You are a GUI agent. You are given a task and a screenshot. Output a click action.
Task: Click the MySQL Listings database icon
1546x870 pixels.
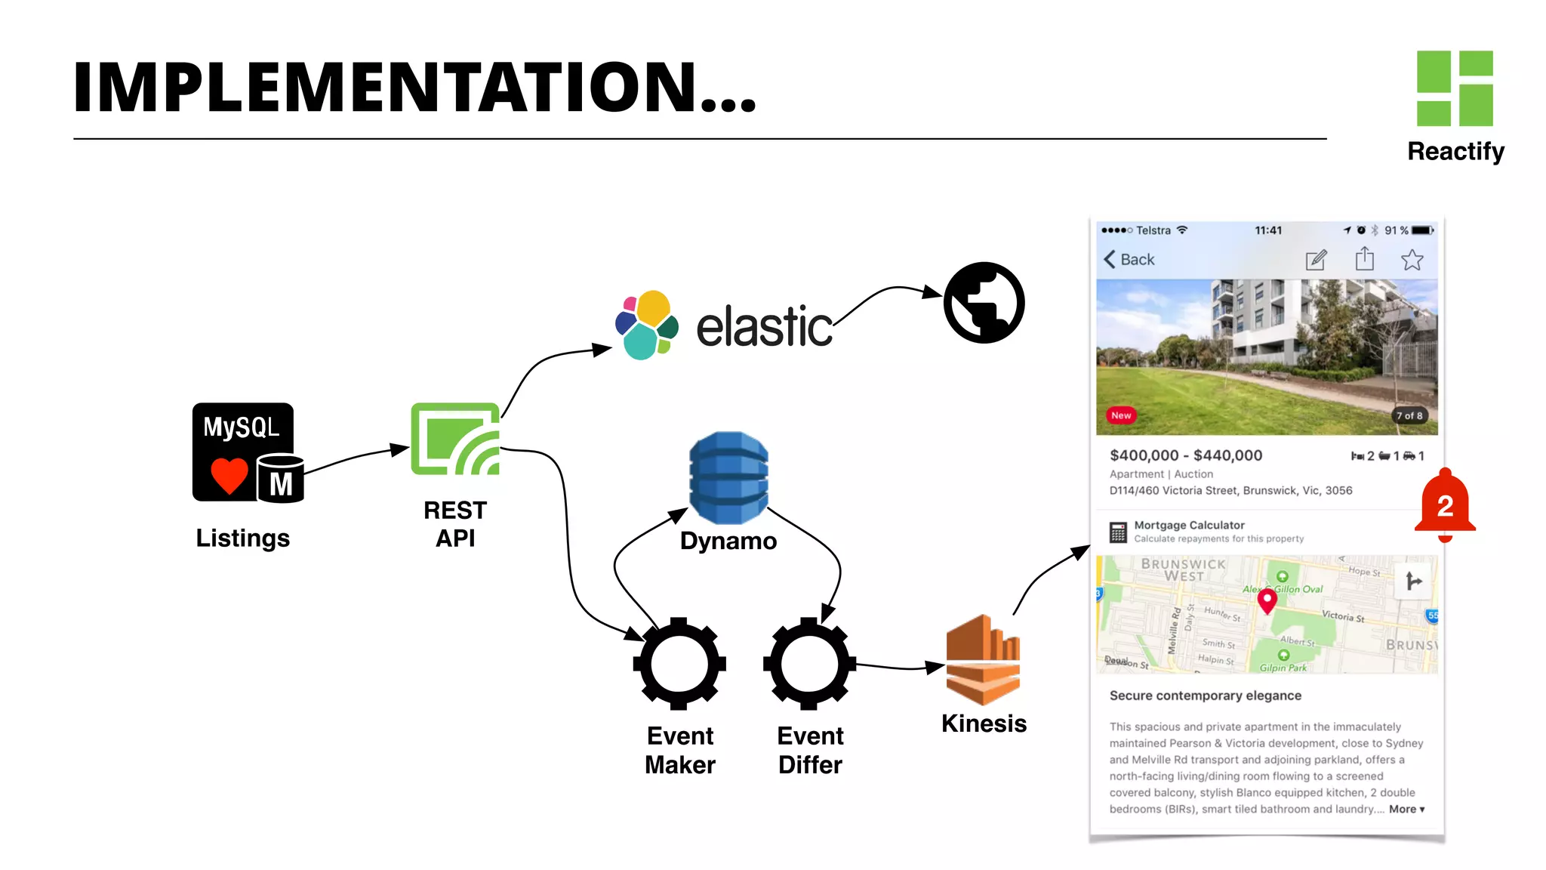(247, 452)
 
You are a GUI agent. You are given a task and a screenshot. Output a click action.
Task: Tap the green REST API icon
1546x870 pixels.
(455, 439)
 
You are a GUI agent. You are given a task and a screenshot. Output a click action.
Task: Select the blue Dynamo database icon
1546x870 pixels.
(728, 477)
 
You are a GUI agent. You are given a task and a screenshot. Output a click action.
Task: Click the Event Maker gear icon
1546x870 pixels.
(679, 664)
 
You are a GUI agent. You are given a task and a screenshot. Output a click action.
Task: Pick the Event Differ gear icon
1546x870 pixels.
(809, 664)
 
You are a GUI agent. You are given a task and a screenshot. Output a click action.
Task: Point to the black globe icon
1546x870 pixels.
(984, 303)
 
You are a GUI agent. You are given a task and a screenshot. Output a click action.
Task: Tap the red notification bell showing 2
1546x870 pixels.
(1444, 504)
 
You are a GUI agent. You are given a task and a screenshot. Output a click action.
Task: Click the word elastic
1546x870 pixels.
(764, 327)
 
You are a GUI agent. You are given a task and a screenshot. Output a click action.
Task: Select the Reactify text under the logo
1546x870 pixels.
(1455, 151)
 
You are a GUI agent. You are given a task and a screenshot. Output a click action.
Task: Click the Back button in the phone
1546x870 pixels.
(1129, 260)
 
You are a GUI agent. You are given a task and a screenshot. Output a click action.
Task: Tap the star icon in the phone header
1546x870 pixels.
(1412, 261)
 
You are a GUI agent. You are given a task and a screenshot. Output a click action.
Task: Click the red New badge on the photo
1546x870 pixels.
(1121, 415)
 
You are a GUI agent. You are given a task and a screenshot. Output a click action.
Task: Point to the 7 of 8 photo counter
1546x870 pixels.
(1409, 415)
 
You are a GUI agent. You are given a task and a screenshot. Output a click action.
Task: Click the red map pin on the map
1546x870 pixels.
(1267, 600)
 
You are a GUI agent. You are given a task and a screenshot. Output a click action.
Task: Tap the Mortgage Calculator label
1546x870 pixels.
(1189, 525)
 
